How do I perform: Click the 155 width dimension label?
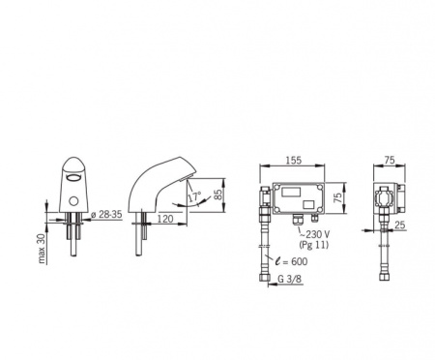click(294, 160)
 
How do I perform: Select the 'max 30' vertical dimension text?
click(42, 249)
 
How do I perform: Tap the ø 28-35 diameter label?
click(106, 215)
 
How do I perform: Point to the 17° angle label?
click(194, 196)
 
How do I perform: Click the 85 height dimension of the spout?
click(218, 195)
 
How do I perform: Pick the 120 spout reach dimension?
click(165, 219)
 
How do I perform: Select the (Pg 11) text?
click(314, 245)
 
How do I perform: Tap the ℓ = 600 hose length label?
click(291, 261)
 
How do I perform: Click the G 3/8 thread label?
click(290, 279)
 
